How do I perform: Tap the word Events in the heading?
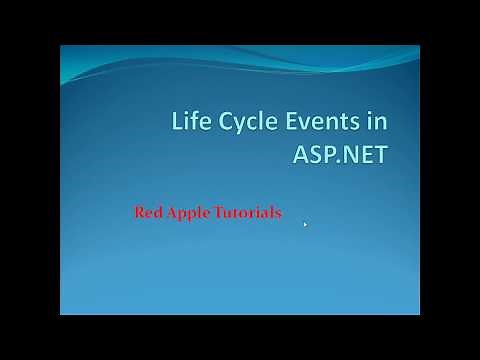click(x=314, y=124)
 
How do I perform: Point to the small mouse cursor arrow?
click(x=304, y=224)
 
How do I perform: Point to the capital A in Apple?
click(x=173, y=213)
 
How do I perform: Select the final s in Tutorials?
click(x=278, y=214)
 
